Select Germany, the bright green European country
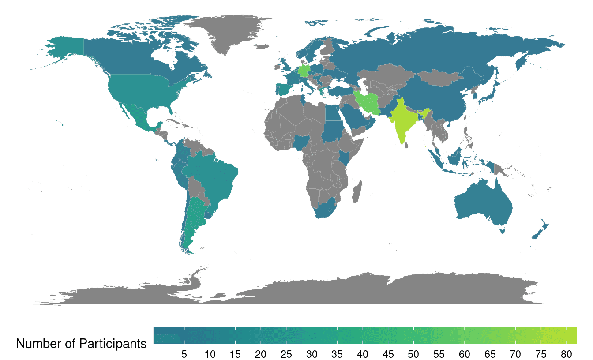click(x=304, y=71)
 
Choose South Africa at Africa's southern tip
click(x=325, y=210)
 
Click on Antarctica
click(x=309, y=289)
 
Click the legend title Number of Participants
click(x=81, y=343)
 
